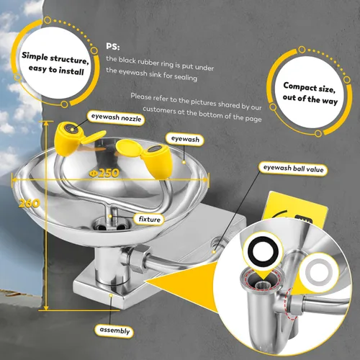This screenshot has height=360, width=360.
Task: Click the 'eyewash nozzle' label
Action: pyautogui.click(x=116, y=118)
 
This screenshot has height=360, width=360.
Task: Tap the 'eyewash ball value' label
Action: pyautogui.click(x=293, y=168)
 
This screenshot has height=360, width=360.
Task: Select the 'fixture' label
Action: pyautogui.click(x=149, y=219)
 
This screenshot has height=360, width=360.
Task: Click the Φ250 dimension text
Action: pyautogui.click(x=104, y=173)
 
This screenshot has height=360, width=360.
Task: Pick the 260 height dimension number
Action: pyautogui.click(x=30, y=204)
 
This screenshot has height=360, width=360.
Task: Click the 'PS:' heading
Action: pyautogui.click(x=113, y=46)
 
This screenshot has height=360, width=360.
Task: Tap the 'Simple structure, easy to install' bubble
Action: pyautogui.click(x=55, y=63)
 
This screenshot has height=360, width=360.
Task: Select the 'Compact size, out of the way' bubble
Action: pyautogui.click(x=310, y=93)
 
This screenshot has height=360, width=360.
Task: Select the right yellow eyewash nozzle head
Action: pyautogui.click(x=157, y=161)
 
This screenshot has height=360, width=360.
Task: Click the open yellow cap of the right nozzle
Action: pyautogui.click(x=129, y=148)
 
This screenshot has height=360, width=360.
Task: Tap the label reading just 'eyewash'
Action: pyautogui.click(x=185, y=139)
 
